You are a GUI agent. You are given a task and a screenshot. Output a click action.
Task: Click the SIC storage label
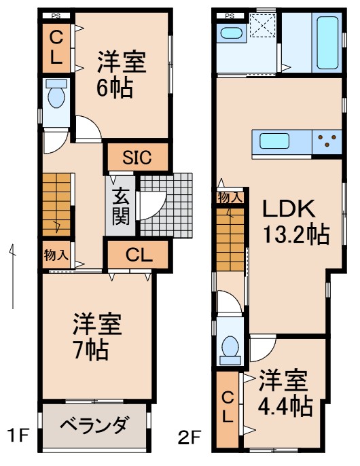pyautogui.click(x=137, y=158)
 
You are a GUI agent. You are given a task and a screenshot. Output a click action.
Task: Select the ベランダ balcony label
pyautogui.click(x=93, y=426)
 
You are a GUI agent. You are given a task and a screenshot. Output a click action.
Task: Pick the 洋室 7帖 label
pyautogui.click(x=97, y=337)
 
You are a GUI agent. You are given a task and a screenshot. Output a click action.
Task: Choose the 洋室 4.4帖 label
pyautogui.click(x=284, y=393)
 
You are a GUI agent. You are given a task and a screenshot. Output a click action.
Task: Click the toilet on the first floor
pyautogui.click(x=56, y=98)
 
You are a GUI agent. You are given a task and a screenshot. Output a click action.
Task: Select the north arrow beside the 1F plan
pyautogui.click(x=12, y=272)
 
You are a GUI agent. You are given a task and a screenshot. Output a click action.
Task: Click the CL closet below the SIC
pyautogui.click(x=137, y=255)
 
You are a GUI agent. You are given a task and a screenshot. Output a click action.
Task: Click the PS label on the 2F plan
pyautogui.click(x=230, y=15)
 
